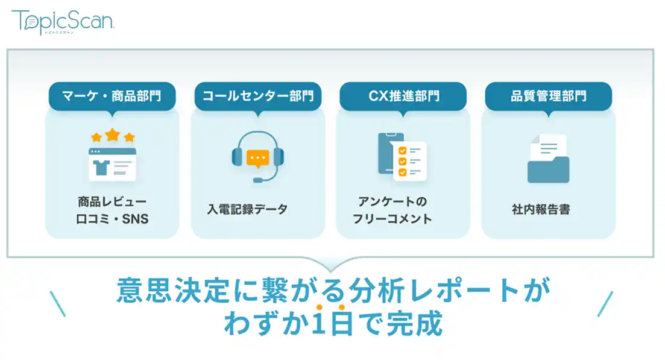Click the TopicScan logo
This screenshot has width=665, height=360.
coord(63,22)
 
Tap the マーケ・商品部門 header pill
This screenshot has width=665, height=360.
coord(112,96)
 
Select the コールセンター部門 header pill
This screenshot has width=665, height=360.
coord(258,96)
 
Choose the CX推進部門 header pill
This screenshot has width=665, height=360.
coord(403,96)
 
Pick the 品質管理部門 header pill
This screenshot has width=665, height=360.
coord(549,96)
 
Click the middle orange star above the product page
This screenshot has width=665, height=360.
coord(112,135)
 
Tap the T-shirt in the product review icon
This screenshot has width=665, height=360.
coord(102,168)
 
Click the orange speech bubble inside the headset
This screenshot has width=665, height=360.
coord(258,159)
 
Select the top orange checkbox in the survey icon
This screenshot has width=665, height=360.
coord(403,151)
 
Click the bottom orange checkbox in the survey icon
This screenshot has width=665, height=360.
coord(403,172)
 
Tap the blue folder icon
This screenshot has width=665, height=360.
coord(549,169)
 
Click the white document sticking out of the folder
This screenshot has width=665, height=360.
coord(549,145)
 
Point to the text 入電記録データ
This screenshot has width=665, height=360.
coord(247,209)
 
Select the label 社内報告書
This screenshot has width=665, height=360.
coord(541,209)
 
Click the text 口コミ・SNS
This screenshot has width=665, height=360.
coord(112,219)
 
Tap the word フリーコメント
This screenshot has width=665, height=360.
coord(392,219)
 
